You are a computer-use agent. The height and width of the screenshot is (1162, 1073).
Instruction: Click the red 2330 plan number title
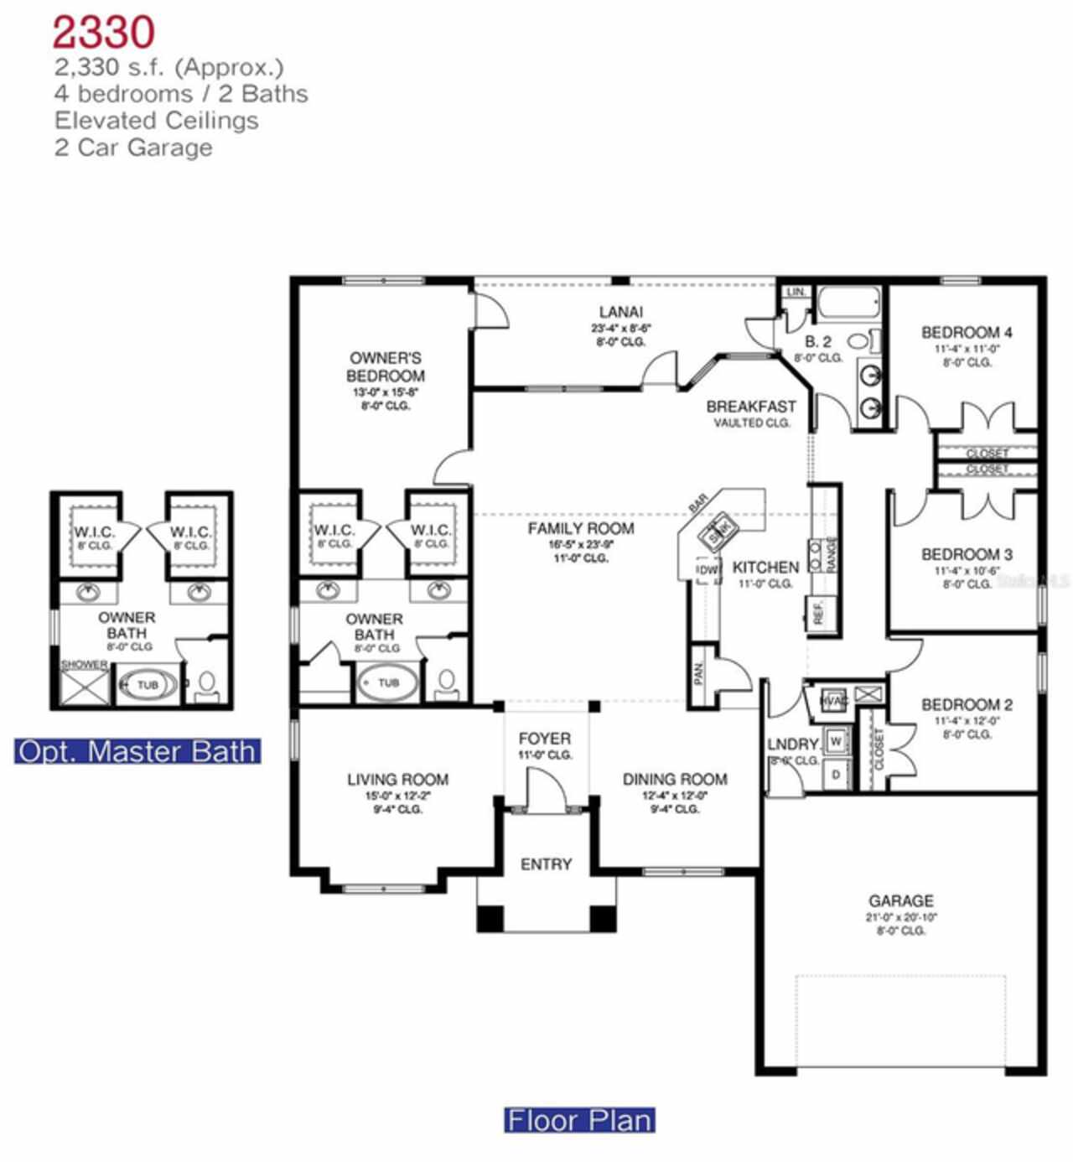tap(103, 33)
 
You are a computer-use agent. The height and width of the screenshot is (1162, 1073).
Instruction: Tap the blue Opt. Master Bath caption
tap(137, 751)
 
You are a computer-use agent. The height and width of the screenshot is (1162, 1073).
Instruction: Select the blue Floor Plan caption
tap(579, 1120)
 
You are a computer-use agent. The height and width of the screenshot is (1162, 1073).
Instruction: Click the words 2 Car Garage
tap(133, 148)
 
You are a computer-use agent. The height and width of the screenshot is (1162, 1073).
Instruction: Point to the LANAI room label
tap(620, 313)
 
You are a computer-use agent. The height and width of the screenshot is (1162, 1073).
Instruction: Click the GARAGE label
tap(901, 900)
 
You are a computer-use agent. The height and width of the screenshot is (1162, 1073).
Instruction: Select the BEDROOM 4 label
tap(967, 332)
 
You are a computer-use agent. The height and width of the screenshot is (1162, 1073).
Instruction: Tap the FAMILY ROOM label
tap(580, 528)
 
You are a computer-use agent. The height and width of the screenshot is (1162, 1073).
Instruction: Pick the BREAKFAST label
tap(751, 407)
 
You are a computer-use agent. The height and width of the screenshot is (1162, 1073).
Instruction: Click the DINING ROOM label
tap(675, 779)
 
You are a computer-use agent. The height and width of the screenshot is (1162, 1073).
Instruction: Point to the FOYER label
tap(545, 739)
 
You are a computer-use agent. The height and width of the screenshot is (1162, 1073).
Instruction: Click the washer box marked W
tap(836, 741)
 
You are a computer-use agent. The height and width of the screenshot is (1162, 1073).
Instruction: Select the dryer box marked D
tap(836, 775)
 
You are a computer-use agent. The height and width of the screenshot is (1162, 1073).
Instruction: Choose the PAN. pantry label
tap(698, 672)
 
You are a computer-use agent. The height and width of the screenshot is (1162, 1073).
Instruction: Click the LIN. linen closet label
tap(796, 292)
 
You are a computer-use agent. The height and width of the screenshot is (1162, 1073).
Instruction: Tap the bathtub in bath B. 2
tap(848, 302)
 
